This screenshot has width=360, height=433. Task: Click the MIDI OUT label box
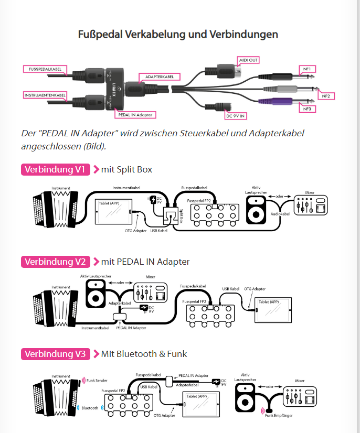point(248,60)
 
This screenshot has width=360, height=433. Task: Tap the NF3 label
point(306,109)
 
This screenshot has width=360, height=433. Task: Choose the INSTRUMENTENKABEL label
point(46,95)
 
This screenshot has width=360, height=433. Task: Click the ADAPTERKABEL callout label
point(156,77)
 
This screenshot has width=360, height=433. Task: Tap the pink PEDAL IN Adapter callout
point(135,114)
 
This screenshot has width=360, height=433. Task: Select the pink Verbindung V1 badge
point(55,169)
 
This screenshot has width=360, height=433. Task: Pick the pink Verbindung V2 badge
point(55,261)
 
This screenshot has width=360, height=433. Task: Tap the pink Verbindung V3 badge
point(55,354)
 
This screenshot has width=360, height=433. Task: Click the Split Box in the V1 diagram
point(171,214)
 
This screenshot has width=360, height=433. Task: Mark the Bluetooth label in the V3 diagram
point(90,407)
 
